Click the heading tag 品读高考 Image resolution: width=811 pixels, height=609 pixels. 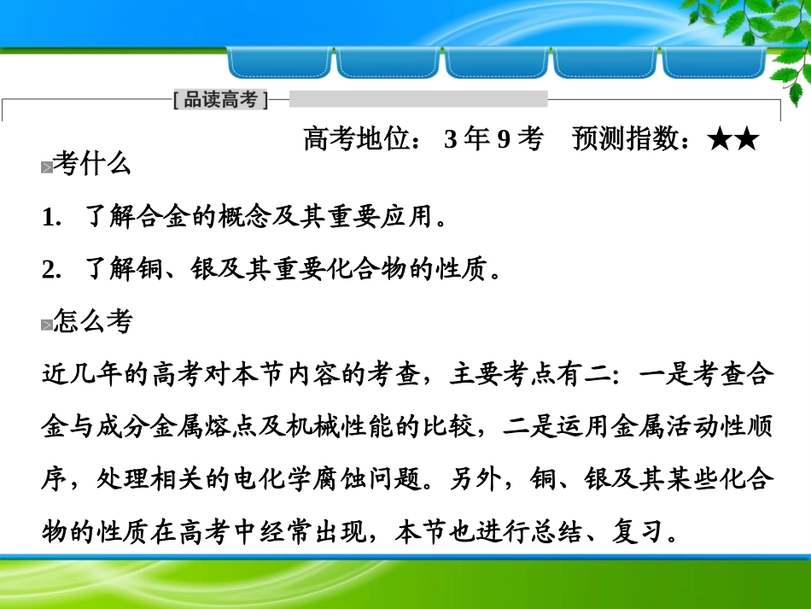220,100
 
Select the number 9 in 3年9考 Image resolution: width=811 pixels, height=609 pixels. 504,138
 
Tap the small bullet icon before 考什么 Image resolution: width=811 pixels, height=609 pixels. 46,167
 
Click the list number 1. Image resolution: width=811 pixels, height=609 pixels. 49,218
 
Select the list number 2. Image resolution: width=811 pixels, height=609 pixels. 49,271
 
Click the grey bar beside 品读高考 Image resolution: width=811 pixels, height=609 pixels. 418,99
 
